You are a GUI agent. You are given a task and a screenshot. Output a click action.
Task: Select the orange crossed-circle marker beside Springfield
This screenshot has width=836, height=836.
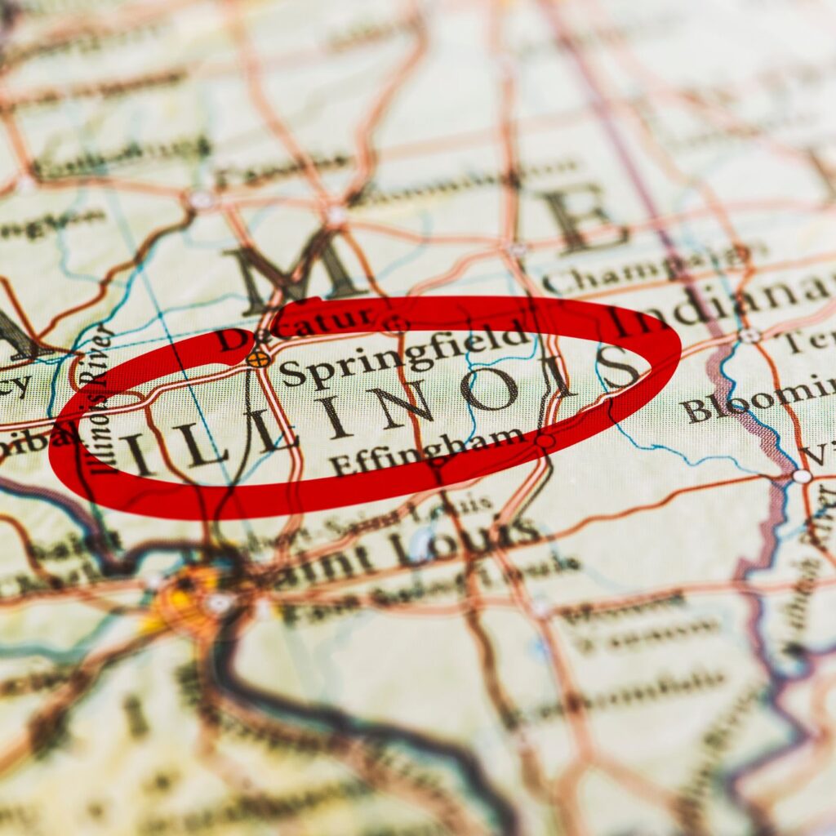[258, 358]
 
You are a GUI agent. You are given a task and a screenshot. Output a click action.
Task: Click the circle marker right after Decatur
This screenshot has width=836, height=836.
[396, 323]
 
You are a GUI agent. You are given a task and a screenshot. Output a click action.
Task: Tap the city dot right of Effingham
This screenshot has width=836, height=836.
[544, 441]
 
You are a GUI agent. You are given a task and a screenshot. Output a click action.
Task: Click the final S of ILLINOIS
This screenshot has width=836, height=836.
[618, 367]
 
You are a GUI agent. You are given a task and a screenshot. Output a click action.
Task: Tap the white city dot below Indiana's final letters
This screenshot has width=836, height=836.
[749, 336]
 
